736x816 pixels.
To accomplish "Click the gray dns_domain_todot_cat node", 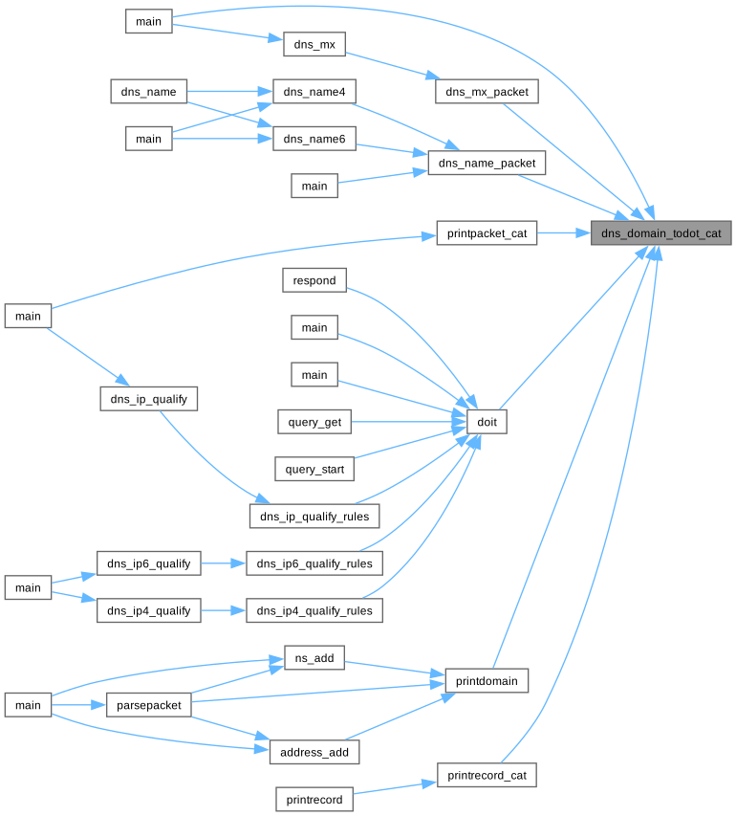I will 660,232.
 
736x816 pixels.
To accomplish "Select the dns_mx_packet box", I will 487,92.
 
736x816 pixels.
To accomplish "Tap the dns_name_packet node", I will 487,163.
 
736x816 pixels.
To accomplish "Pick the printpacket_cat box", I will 487,232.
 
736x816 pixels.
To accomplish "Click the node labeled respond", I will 314,280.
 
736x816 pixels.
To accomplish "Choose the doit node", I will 487,421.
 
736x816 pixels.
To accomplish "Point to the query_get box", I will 314,421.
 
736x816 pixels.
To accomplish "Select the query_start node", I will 314,469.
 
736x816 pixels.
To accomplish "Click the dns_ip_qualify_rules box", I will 314,516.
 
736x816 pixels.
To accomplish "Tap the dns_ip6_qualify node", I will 148,563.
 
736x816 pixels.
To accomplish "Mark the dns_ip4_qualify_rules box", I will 314,610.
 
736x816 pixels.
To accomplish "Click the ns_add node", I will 314,658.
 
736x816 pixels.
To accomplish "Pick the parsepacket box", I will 148,705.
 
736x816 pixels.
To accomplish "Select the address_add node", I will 314,752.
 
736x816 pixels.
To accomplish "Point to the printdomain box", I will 487,681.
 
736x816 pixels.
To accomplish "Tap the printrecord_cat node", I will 487,774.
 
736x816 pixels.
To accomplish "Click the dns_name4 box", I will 314,92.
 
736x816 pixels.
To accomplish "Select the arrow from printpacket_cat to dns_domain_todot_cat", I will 564,232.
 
